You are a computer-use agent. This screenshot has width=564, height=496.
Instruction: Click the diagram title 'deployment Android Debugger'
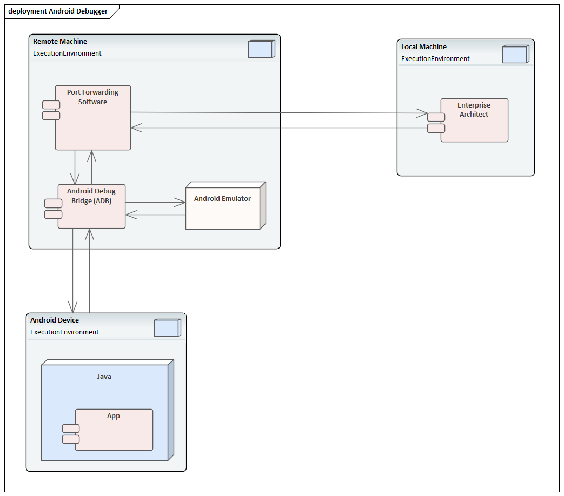(57, 11)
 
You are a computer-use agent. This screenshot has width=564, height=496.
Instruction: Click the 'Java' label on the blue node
(104, 376)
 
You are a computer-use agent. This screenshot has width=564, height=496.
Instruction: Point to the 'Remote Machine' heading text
(60, 42)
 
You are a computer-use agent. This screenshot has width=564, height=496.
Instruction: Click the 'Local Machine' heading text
(424, 47)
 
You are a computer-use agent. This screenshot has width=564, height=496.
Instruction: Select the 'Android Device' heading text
(55, 320)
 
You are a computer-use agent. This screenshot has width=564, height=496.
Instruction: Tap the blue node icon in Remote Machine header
(262, 49)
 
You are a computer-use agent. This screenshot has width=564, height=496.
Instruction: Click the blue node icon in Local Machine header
(515, 54)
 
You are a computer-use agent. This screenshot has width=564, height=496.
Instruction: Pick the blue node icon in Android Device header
(167, 327)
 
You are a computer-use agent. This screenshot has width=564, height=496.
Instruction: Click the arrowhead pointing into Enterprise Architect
(422, 113)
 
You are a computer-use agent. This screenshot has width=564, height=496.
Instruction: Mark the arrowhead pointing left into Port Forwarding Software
(137, 128)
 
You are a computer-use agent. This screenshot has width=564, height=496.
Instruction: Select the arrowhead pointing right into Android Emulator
(180, 203)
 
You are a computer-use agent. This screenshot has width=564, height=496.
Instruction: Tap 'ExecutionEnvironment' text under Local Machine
(435, 59)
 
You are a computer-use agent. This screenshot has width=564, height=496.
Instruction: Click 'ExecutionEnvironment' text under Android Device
(64, 332)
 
